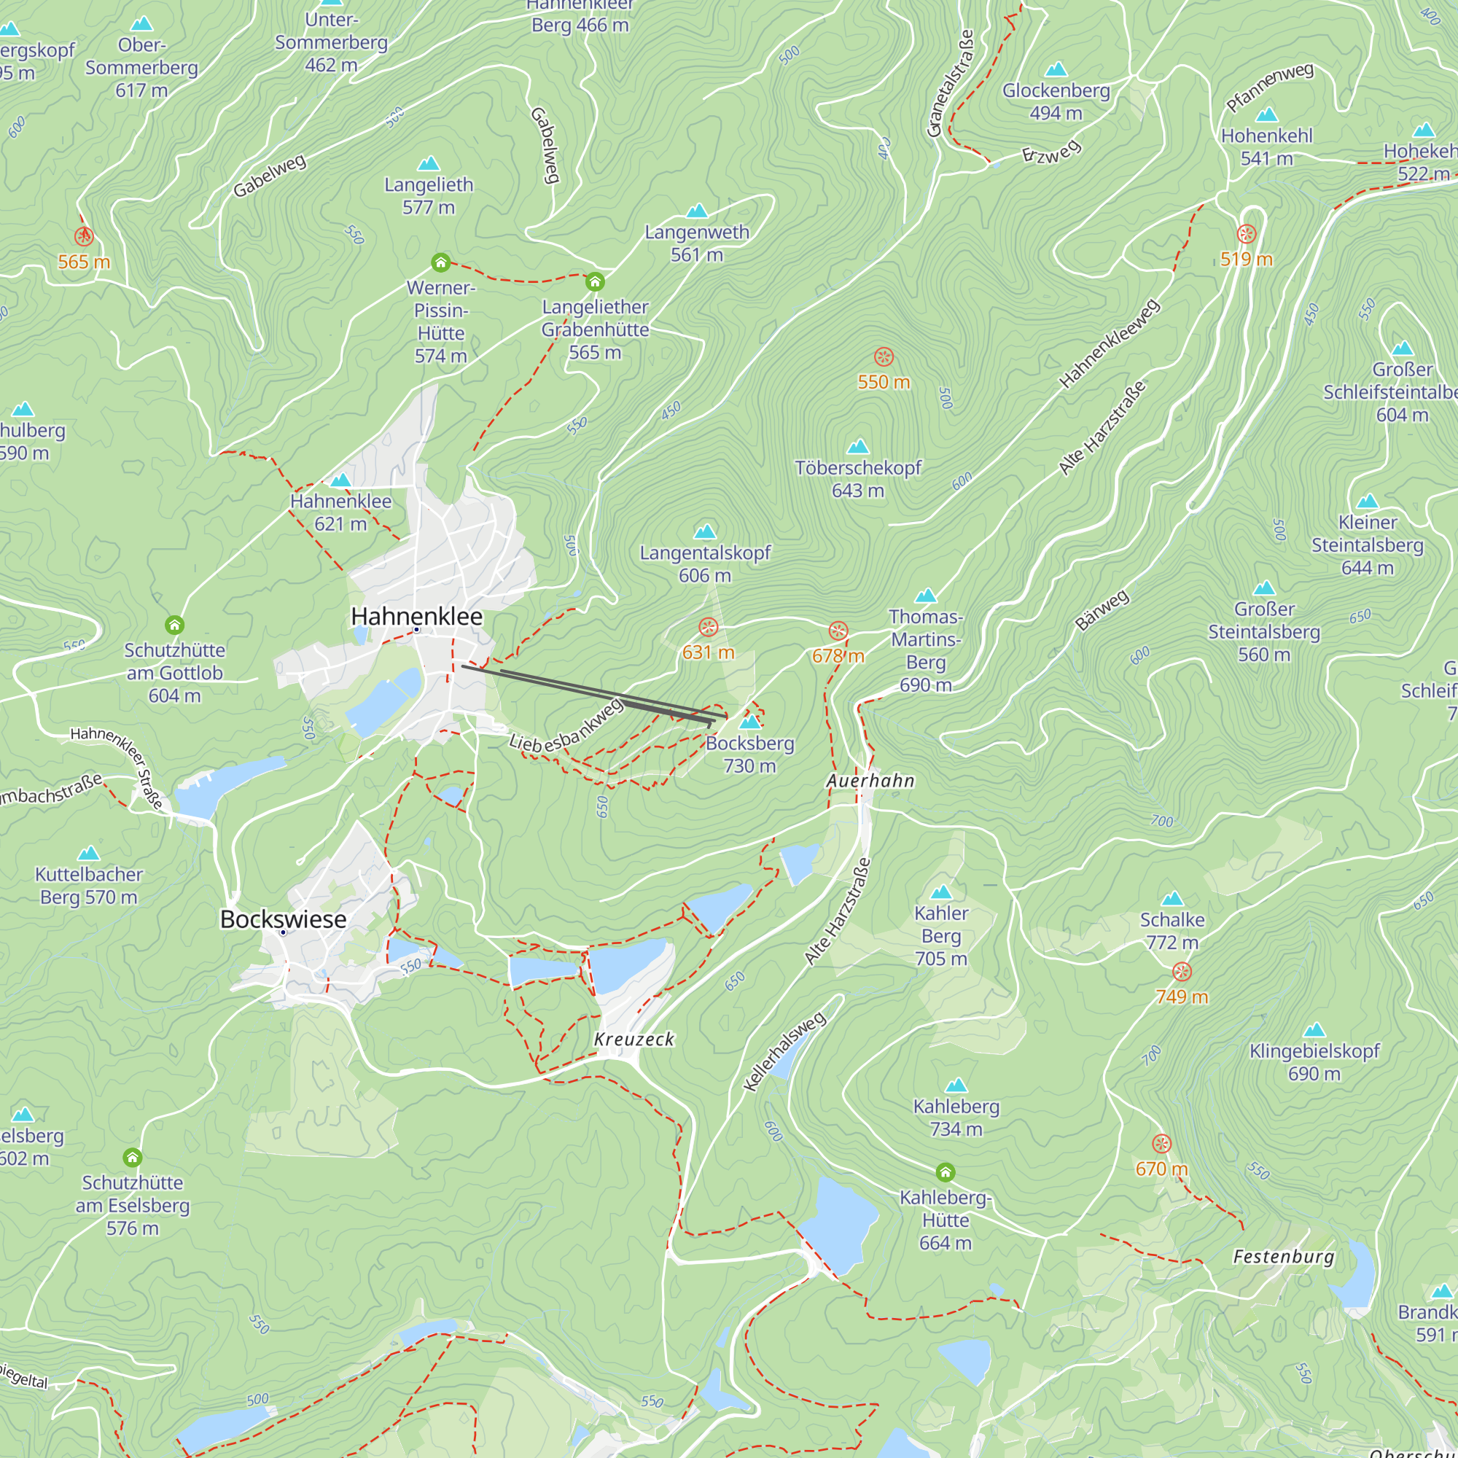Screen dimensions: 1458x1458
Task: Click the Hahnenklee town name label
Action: [416, 617]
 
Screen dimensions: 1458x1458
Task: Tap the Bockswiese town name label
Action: [283, 919]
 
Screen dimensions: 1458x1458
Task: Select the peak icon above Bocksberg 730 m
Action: [749, 722]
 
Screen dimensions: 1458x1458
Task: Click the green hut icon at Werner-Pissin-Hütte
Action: [441, 262]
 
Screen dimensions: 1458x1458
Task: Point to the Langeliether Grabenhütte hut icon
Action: [595, 282]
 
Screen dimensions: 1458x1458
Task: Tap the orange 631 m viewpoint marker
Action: [708, 627]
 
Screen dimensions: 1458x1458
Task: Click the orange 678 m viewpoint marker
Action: [838, 631]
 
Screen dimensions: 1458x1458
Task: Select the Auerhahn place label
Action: [870, 781]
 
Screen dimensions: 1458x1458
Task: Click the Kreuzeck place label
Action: [634, 1039]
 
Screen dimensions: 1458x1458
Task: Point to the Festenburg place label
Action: [1284, 1258]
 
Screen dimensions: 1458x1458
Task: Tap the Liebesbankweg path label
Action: [566, 727]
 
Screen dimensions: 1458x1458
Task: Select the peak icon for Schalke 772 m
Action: [1172, 899]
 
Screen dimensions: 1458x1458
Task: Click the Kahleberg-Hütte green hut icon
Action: [946, 1172]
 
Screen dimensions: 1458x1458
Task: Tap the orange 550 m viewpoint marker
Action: [884, 357]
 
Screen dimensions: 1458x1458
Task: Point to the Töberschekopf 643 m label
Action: [858, 479]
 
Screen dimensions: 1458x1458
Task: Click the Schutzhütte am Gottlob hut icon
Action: [174, 625]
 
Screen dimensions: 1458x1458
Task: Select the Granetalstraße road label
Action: [951, 84]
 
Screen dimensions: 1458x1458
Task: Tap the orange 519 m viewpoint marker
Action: [1247, 234]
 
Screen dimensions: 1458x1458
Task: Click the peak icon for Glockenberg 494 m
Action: [1056, 70]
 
